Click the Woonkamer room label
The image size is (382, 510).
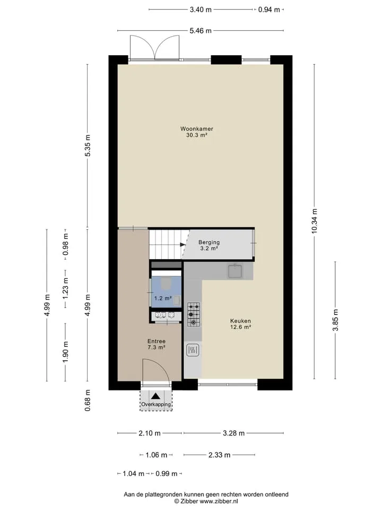[196, 129]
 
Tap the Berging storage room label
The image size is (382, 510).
[209, 242]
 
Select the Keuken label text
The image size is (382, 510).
[240, 321]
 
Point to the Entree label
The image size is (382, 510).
[156, 341]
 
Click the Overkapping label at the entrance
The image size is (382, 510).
[156, 404]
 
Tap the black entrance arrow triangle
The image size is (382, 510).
[155, 396]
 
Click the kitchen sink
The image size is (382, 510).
[235, 271]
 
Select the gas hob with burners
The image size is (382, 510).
[194, 314]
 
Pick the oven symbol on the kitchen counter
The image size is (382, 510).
[193, 350]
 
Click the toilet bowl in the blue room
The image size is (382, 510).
[166, 283]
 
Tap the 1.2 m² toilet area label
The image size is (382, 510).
[163, 298]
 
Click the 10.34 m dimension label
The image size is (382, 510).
[314, 221]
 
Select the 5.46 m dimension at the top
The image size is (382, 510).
[201, 31]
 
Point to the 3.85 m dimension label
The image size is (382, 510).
[335, 320]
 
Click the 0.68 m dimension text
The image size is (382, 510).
[88, 401]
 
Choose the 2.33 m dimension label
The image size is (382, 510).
[219, 455]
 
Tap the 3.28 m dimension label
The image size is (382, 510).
[233, 433]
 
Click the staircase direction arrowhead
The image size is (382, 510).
[183, 245]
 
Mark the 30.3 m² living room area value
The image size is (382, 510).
[196, 135]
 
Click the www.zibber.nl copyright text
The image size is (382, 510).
[219, 501]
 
